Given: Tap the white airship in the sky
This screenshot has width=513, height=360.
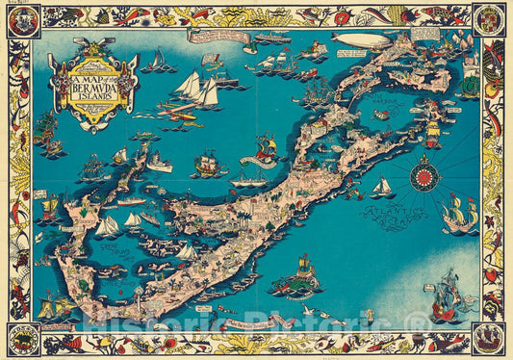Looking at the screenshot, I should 360,39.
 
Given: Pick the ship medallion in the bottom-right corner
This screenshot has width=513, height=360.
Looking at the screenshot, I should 490,338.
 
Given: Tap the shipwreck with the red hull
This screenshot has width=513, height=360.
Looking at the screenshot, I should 266,148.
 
